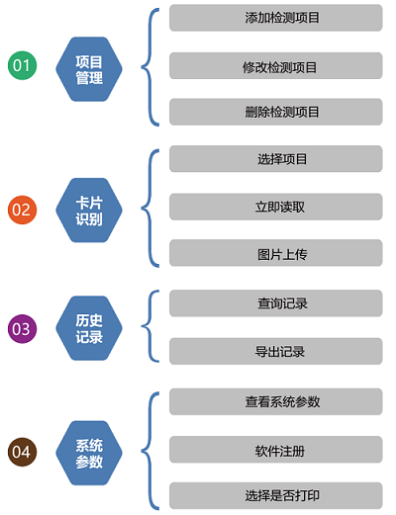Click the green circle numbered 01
point(22,65)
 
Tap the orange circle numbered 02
point(22,210)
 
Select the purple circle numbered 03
point(22,329)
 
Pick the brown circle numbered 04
point(22,452)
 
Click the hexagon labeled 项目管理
point(89,69)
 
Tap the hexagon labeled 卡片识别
point(89,211)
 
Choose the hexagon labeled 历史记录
point(89,328)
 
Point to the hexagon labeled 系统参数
point(89,453)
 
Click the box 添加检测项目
point(276,18)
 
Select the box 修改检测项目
point(276,66)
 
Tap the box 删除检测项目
point(276,112)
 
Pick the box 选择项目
point(276,159)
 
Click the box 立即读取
point(276,207)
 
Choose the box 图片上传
point(276,253)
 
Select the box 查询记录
point(276,303)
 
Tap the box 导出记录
point(276,351)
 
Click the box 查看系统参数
point(276,401)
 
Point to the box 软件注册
point(276,450)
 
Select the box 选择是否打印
point(276,496)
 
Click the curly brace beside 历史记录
point(143,326)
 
